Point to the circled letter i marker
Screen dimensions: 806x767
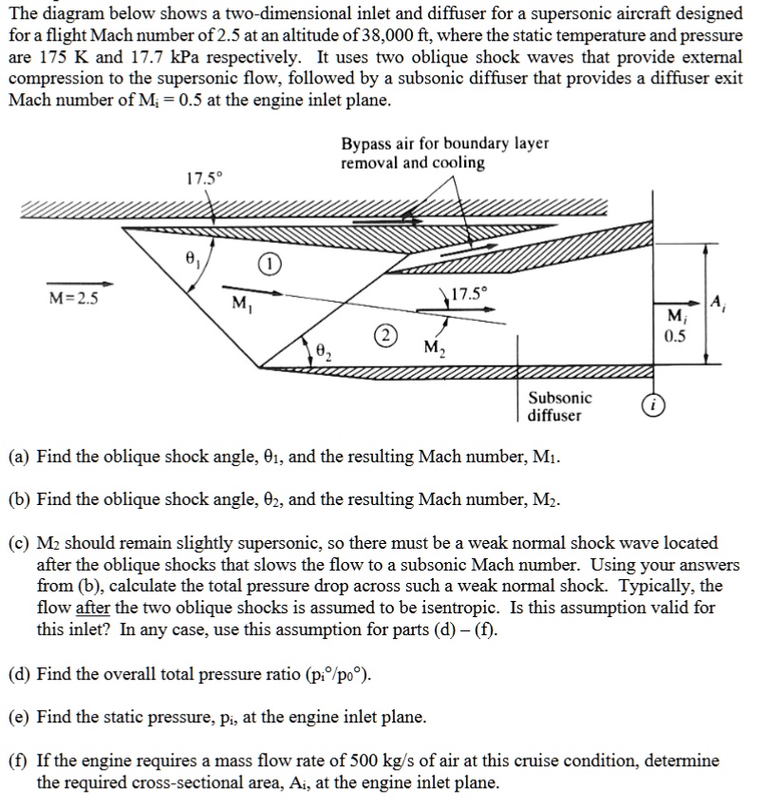point(654,405)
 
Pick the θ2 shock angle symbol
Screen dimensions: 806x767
point(324,353)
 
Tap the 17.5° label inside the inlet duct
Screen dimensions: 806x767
point(466,293)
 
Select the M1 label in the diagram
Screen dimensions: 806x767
point(241,304)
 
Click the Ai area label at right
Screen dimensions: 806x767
point(719,304)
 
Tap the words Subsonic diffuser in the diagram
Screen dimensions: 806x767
point(559,406)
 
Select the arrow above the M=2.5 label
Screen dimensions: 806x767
point(80,282)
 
